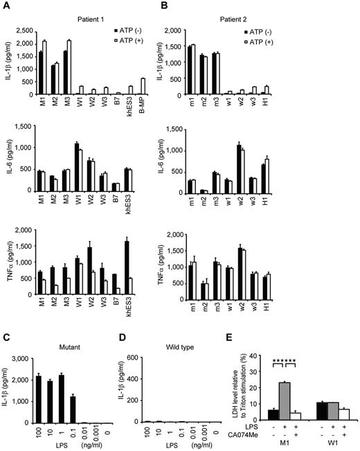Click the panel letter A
point(6,6)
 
